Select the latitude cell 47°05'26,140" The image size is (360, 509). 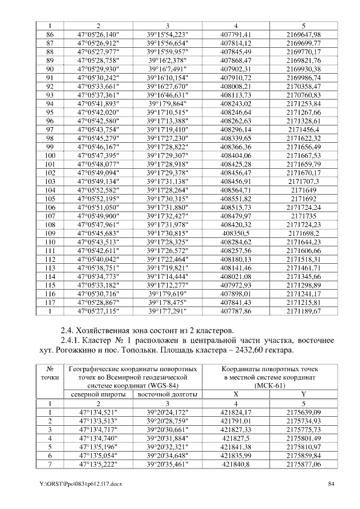point(98,34)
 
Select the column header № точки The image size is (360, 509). point(49,373)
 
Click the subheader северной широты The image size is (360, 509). point(98,394)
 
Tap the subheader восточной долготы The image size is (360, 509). point(167,394)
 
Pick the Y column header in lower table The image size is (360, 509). point(303,394)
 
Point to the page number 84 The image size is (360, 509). point(332,484)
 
